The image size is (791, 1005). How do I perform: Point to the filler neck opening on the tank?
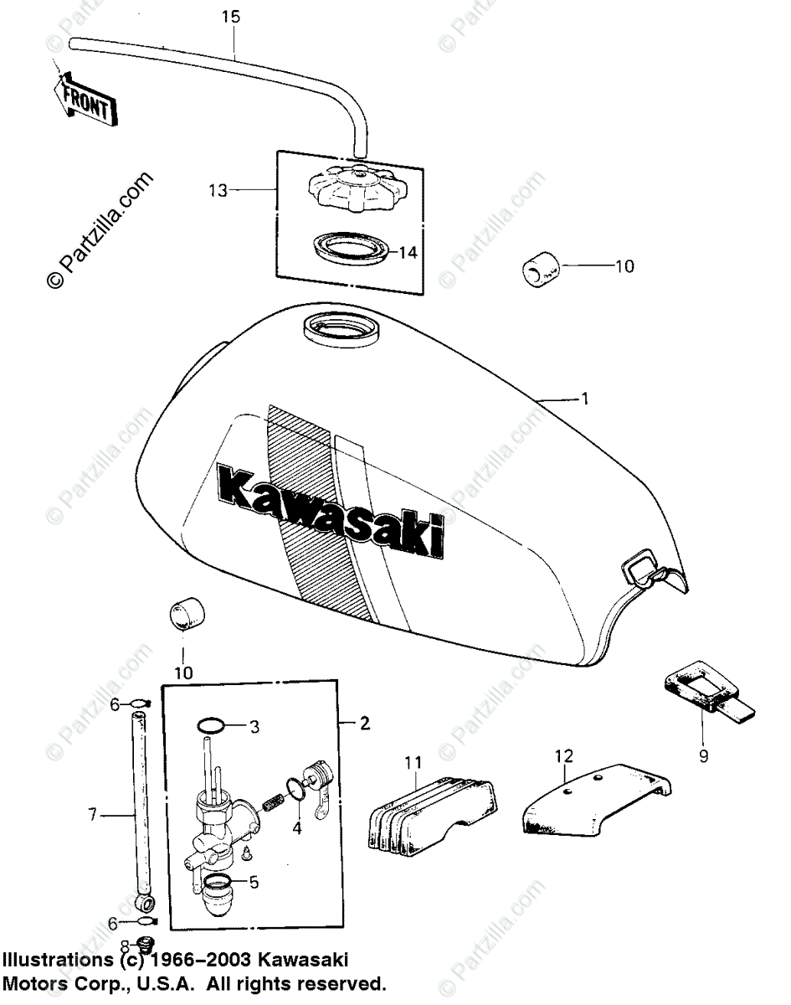click(x=342, y=329)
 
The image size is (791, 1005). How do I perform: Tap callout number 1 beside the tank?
click(x=584, y=399)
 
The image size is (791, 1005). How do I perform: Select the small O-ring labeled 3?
click(x=213, y=725)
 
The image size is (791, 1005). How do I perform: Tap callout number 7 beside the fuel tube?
click(x=93, y=812)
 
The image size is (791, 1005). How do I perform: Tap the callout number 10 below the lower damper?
click(x=183, y=673)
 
